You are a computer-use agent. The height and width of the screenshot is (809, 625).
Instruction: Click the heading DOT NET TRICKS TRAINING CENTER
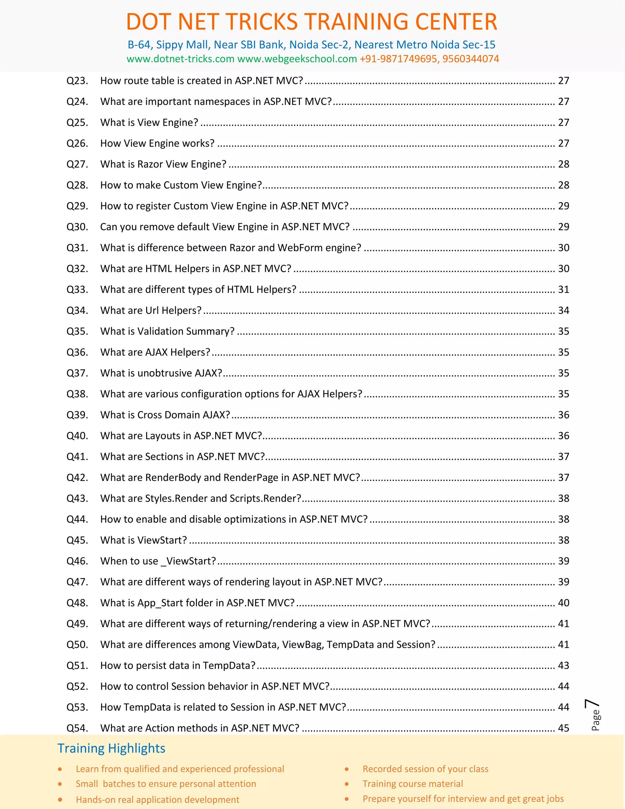(312, 22)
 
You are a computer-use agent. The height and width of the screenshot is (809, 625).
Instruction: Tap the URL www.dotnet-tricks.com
(180, 59)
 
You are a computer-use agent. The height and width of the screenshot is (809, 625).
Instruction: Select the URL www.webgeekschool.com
(297, 59)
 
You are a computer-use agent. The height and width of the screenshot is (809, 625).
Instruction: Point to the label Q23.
(77, 81)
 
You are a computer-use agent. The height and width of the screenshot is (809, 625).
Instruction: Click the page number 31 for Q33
(563, 289)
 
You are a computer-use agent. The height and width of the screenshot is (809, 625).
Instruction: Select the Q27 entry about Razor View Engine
(163, 164)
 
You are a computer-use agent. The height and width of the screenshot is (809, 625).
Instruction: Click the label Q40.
(77, 436)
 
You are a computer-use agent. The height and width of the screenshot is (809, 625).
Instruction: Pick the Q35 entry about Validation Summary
(167, 331)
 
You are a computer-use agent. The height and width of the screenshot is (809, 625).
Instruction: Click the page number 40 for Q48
(563, 603)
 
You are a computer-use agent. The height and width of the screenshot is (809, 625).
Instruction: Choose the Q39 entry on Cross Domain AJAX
(165, 415)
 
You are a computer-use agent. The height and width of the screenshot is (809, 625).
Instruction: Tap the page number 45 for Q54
(563, 728)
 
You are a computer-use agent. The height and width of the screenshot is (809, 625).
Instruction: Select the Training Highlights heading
(111, 748)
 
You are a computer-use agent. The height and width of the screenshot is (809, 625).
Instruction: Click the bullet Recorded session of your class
(425, 769)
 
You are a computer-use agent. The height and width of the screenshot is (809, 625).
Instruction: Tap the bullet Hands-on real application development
(157, 800)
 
